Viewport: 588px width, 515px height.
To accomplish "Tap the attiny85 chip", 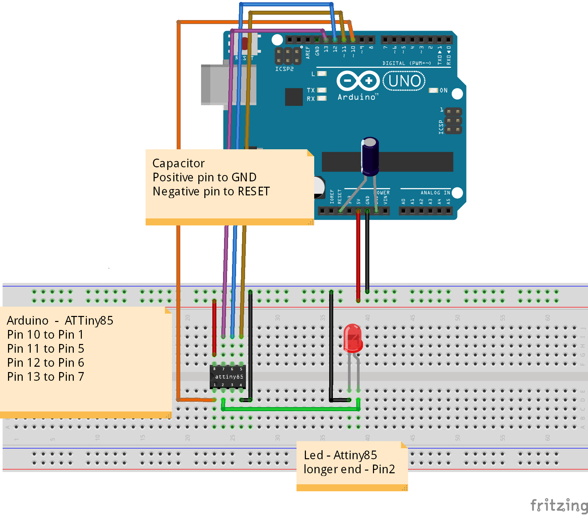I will point(228,377).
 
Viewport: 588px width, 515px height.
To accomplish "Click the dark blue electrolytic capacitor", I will point(370,157).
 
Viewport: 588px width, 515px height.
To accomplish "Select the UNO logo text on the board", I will point(404,81).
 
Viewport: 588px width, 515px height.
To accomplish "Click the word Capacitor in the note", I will point(178,163).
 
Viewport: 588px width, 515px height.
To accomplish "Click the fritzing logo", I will point(558,505).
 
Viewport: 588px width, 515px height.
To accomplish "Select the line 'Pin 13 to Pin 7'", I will point(45,377).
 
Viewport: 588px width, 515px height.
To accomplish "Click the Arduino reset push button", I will point(245,44).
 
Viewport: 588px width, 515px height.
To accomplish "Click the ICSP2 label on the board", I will point(284,69).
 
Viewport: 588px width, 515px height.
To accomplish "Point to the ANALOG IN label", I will point(435,193).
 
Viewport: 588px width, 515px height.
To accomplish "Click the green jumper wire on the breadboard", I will point(290,409).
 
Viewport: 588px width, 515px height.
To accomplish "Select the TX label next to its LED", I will point(311,90).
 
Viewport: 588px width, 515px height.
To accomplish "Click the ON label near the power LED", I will point(443,90).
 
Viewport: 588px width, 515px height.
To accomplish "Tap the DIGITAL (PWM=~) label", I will point(406,63).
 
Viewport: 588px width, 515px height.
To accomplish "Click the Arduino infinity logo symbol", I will point(358,81).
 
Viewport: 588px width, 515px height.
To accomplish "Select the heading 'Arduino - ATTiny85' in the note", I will point(60,321).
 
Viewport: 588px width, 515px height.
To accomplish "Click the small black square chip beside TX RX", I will point(294,97).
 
